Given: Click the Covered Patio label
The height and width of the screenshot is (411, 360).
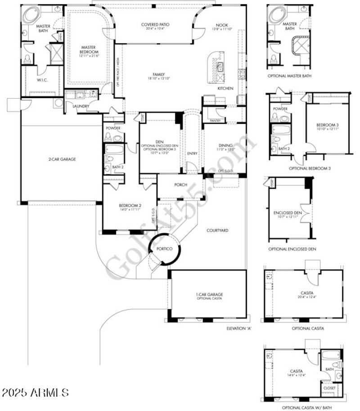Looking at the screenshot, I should tap(155, 24).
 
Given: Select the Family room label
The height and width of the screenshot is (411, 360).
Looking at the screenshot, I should tap(158, 75).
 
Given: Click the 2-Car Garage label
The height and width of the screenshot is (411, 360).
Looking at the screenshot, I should tap(62, 159).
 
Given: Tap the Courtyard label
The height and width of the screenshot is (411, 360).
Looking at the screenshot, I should tap(217, 230).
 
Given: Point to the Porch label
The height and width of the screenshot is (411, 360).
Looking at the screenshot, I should tap(180, 185).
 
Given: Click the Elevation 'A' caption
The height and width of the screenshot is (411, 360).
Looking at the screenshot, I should tap(239, 328).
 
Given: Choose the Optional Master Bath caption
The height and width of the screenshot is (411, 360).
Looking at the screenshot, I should tap(290, 76).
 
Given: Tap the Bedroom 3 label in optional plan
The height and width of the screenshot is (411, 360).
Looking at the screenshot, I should tap(327, 124).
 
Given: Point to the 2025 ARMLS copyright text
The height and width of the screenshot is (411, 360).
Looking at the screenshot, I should tap(35, 393).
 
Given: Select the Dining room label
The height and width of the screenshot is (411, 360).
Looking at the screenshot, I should tap(225, 145).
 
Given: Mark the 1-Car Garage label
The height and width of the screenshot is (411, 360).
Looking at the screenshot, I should tap(209, 295).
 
